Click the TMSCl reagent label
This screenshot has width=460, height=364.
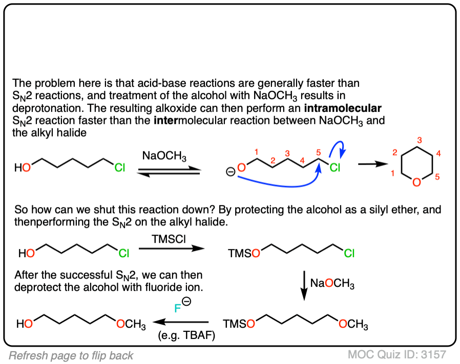pyautogui.click(x=165, y=239)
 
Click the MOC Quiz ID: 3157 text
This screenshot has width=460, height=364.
pyautogui.click(x=397, y=354)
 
